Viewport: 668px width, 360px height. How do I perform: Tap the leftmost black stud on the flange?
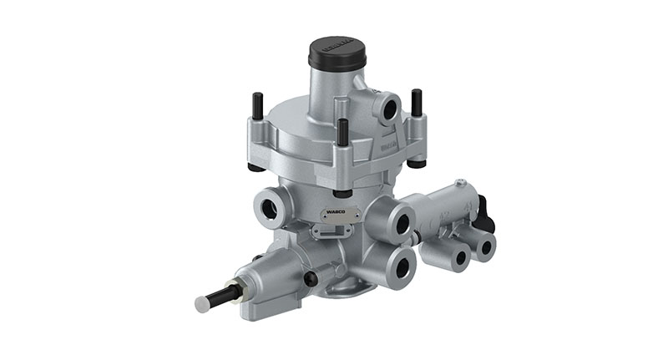click(x=256, y=105)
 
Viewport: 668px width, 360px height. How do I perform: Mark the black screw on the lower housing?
click(x=311, y=279)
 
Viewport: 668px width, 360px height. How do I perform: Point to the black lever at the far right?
click(x=485, y=215)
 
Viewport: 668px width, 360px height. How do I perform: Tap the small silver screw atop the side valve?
click(x=460, y=182)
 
